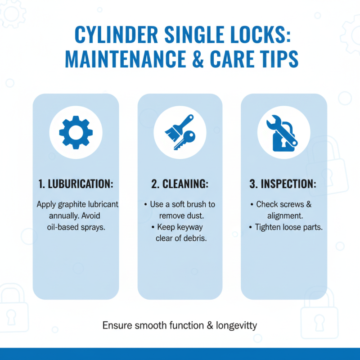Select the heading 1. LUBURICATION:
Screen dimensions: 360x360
pos(76,184)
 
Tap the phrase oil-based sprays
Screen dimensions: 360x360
pos(76,227)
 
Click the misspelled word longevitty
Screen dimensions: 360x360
pos(237,325)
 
